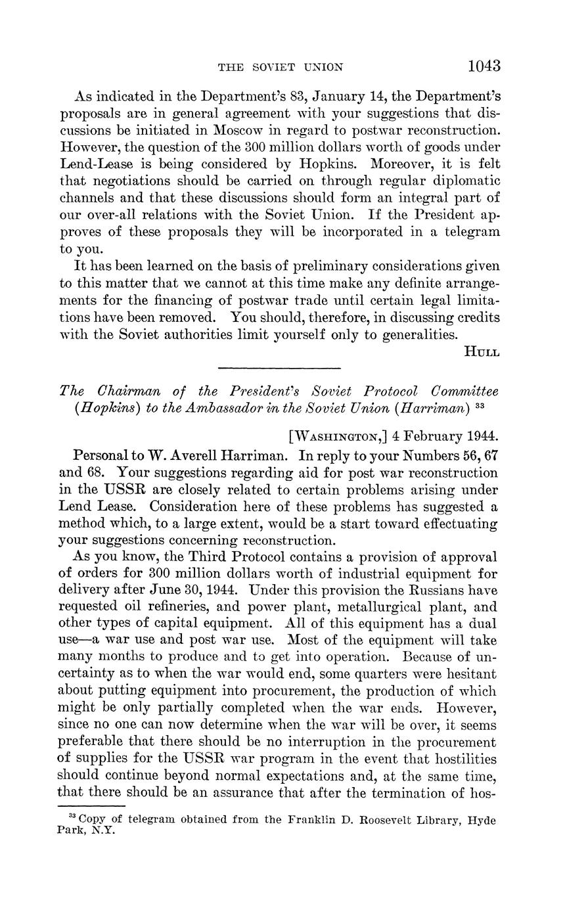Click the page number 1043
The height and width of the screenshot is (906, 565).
point(484,66)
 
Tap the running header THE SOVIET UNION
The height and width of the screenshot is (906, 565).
point(281,67)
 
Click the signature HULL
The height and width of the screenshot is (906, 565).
point(482,352)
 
